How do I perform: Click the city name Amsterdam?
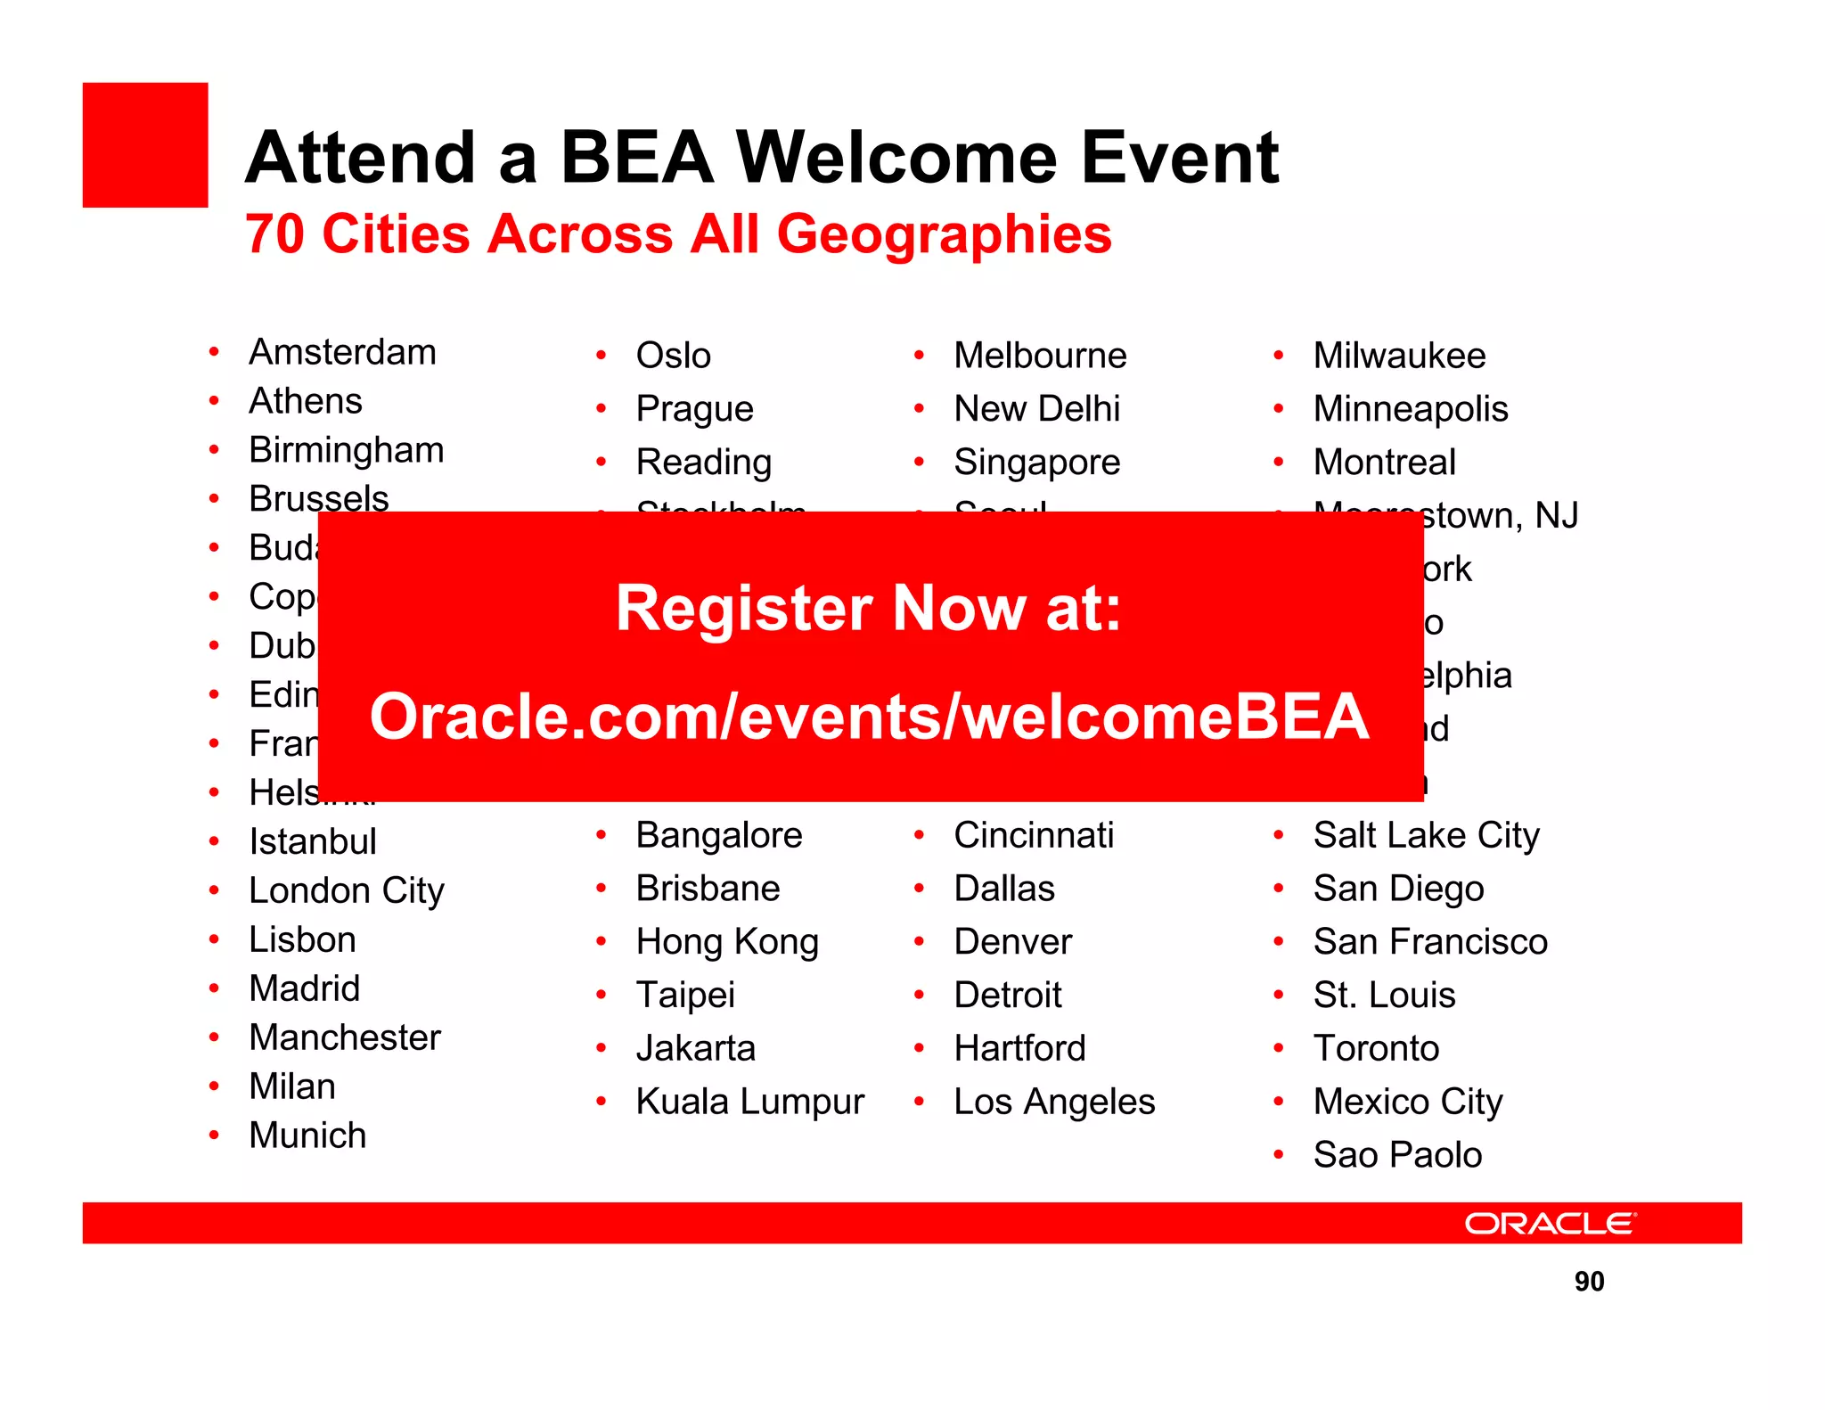(342, 352)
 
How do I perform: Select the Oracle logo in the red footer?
(1550, 1223)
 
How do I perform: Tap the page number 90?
(1589, 1281)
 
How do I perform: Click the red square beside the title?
(145, 145)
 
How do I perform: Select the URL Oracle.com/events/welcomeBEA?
(869, 716)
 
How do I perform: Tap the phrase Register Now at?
(869, 608)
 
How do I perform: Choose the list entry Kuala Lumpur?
(749, 1102)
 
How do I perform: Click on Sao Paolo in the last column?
(1397, 1155)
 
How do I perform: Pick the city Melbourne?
(1040, 356)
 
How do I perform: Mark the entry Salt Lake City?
(1426, 835)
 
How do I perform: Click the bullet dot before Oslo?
(602, 356)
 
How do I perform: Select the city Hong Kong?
(727, 942)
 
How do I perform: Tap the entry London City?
(346, 890)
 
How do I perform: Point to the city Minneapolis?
(1410, 409)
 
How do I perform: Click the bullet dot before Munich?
(214, 1135)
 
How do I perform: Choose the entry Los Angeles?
(1053, 1102)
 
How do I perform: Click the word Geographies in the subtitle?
(944, 234)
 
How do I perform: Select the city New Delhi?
(1036, 409)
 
